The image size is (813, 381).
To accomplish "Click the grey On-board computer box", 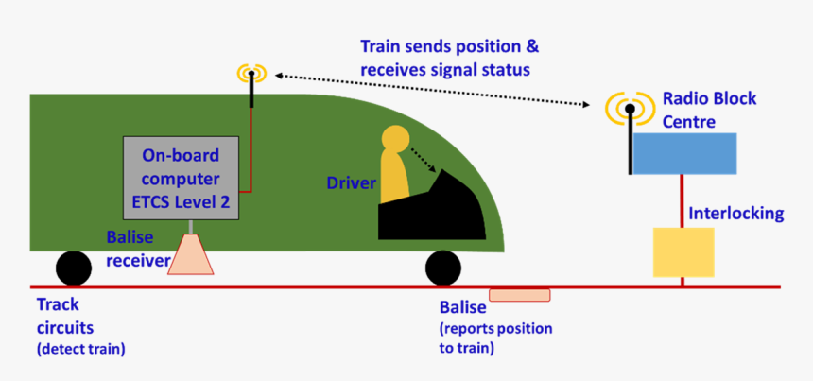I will pos(180,178).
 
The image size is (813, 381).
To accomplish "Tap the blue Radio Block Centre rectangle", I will pos(683,153).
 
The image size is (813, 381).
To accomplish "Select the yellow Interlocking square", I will pos(683,251).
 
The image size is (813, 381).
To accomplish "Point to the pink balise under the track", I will pos(519,294).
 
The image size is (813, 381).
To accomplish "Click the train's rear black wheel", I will pos(73,268).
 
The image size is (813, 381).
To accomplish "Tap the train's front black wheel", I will pos(443,268).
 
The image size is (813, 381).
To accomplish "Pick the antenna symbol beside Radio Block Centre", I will pos(629,109).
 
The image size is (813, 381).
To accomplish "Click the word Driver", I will pos(352,182).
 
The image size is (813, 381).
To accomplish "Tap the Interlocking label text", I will pos(736,214).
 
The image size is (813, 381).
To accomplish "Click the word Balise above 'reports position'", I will pos(462,308).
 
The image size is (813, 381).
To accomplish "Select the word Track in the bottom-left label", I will pos(57,305).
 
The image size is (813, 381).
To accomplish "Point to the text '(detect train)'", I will pos(80,350).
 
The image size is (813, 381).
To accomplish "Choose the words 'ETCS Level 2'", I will pos(180,200).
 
